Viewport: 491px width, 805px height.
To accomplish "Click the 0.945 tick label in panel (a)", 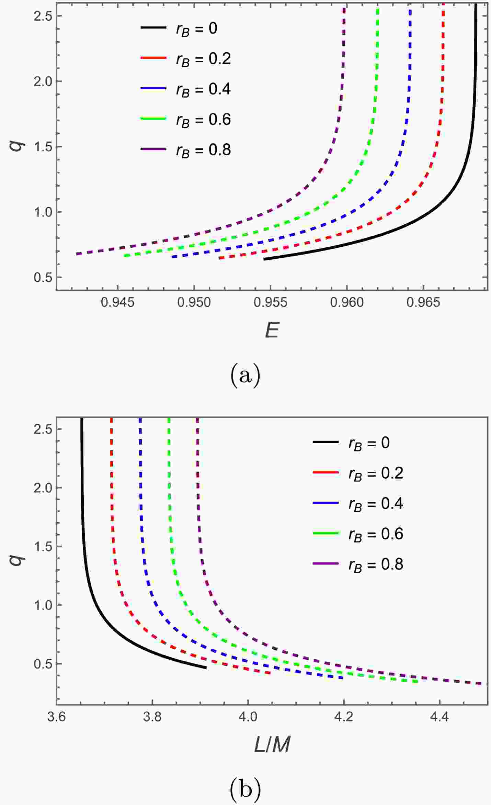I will [117, 303].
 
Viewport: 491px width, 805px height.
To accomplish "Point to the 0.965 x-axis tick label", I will [423, 303].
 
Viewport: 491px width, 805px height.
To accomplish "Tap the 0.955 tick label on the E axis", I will [270, 303].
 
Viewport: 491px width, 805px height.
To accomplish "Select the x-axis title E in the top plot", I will [272, 331].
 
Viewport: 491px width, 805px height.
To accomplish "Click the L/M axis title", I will [272, 745].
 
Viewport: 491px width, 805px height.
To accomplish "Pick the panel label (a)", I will [245, 376].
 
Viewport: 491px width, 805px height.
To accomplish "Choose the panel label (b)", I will [245, 789].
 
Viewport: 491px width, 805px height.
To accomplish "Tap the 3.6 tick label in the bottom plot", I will [57, 718].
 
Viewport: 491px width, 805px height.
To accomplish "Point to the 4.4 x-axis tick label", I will [439, 718].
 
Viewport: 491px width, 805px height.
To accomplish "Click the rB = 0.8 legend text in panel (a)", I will [203, 150].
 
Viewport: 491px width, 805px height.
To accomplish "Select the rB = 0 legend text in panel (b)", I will [369, 443].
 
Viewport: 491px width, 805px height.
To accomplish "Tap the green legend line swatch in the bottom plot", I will [326, 533].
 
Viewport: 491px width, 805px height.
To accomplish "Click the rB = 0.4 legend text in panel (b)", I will [376, 504].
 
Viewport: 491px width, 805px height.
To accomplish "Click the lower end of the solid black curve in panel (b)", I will [206, 668].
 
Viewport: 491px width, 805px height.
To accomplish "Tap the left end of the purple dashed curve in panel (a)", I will [77, 254].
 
